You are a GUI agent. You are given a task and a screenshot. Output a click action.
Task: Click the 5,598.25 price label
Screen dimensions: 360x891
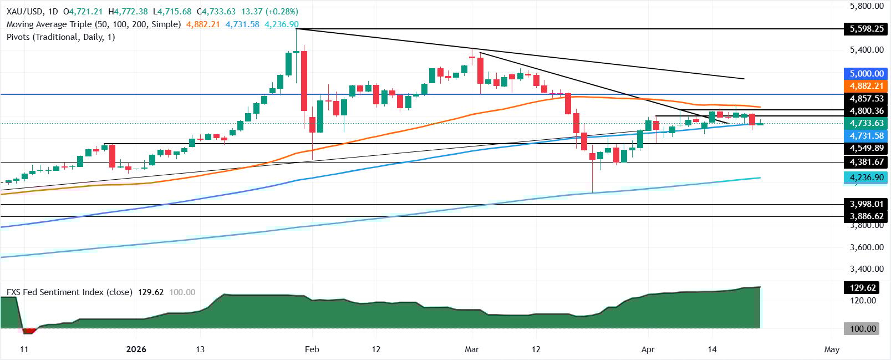tap(867, 29)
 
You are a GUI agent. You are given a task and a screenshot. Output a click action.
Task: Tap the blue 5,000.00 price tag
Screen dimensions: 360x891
tap(867, 73)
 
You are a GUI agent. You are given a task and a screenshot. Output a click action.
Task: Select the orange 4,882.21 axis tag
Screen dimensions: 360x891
tap(867, 86)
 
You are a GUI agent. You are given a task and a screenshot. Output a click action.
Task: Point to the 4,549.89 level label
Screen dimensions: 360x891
tap(867, 148)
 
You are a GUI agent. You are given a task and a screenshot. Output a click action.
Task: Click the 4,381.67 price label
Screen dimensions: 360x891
tap(867, 162)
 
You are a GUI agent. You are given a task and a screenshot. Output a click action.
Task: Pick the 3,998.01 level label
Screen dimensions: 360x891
tap(867, 204)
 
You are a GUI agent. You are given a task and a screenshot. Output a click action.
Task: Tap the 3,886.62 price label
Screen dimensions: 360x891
tap(867, 216)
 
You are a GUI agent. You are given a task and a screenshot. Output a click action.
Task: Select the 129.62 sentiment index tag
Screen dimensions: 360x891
tap(863, 287)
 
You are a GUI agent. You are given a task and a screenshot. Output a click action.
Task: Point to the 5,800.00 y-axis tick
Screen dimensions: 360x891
tap(867, 6)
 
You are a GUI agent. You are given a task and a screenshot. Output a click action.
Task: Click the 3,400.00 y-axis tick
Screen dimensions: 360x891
tap(867, 269)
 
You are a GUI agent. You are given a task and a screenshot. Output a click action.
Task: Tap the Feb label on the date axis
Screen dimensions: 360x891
tap(312, 349)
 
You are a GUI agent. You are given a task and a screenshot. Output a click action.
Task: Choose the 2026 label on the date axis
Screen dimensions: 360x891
tap(136, 349)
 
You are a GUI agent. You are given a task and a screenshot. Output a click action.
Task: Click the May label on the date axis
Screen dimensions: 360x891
tap(832, 349)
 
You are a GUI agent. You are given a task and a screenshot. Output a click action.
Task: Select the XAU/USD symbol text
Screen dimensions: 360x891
tap(25, 11)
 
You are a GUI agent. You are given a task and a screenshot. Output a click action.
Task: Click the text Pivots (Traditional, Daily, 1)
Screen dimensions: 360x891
tap(60, 37)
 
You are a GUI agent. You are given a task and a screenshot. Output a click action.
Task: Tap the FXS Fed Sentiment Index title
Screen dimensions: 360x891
tap(69, 292)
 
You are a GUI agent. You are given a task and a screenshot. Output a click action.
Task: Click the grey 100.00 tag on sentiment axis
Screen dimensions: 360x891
tap(863, 329)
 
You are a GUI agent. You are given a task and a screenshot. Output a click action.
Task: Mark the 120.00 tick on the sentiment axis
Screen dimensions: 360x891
tap(863, 301)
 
